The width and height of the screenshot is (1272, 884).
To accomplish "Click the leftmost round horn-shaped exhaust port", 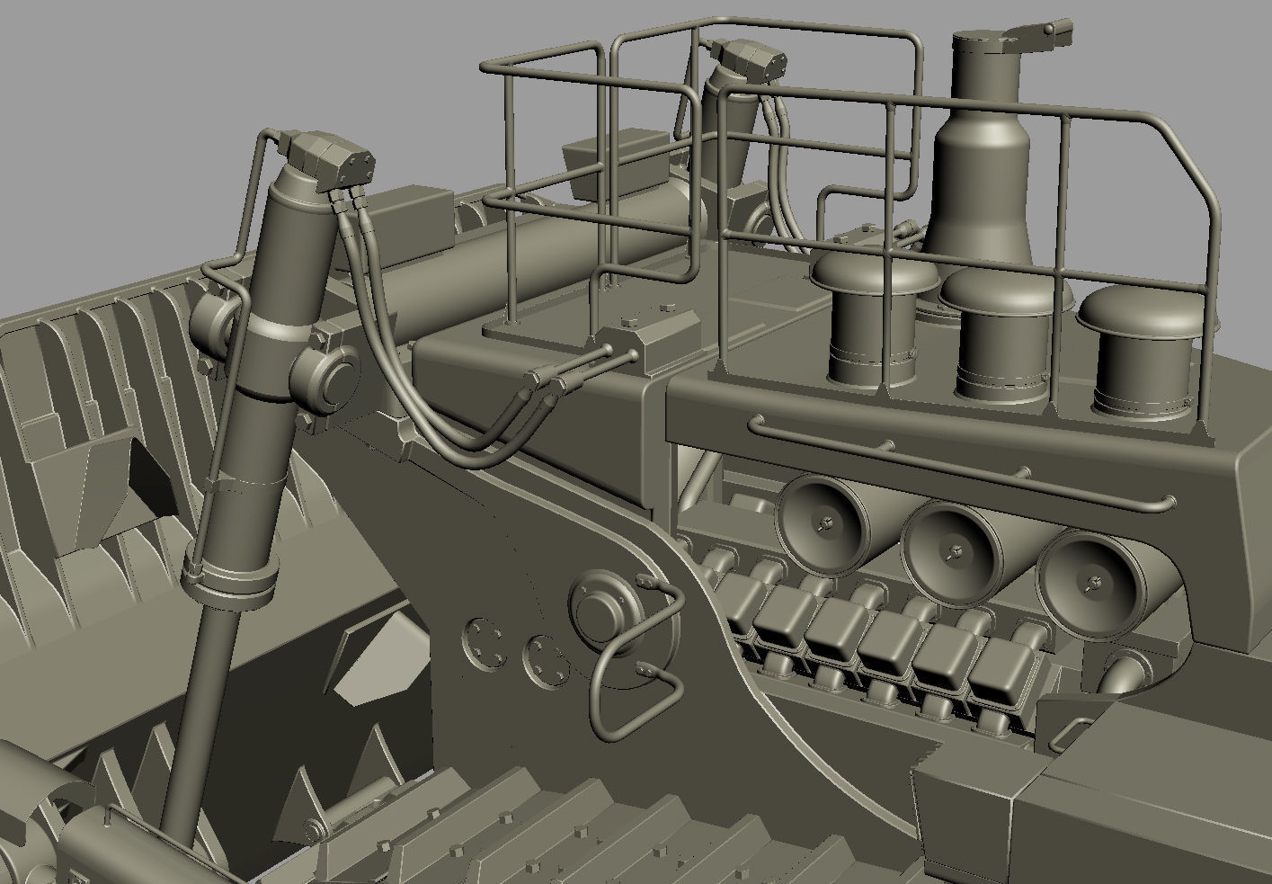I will tap(825, 521).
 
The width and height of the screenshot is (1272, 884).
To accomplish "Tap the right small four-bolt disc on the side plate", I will tap(544, 662).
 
